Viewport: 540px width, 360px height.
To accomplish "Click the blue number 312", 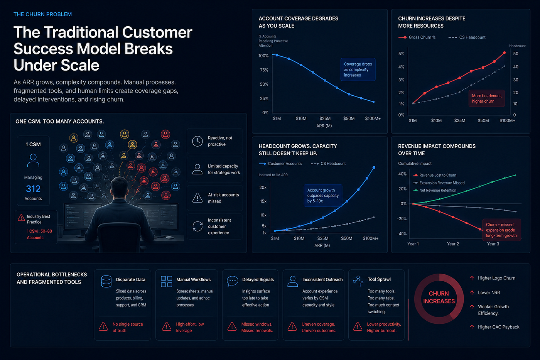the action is (x=33, y=189).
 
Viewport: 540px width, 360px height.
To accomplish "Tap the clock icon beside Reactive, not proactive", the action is (x=197, y=141).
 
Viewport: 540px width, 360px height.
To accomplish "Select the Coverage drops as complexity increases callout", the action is (x=358, y=69).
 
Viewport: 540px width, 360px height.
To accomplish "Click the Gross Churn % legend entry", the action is (x=417, y=37).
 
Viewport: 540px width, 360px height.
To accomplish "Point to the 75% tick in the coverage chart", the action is (x=264, y=70).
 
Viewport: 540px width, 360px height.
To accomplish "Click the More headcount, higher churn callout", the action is (x=486, y=98).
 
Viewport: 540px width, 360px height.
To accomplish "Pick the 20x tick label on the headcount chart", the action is (x=263, y=188).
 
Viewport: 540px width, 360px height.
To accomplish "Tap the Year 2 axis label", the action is (x=453, y=244).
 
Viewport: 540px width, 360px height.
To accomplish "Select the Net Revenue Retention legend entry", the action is (x=435, y=190).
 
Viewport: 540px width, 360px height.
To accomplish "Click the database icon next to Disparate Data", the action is (x=106, y=281).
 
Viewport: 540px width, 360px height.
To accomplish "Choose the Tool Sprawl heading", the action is (x=379, y=279).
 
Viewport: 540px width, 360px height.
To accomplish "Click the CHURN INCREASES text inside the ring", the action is (x=439, y=297).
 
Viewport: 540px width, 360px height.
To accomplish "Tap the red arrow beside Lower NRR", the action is (x=472, y=292).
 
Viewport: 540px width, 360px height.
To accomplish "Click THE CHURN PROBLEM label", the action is (x=43, y=14).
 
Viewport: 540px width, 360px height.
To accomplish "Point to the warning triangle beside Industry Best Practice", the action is (x=21, y=218).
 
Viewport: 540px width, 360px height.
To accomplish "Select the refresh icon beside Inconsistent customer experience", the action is (x=197, y=226).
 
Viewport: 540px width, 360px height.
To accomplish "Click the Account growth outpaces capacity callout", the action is (x=323, y=196).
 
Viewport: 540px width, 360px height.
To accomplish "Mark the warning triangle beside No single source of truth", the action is (x=103, y=326).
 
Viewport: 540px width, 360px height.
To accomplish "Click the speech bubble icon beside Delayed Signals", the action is (x=232, y=281).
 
